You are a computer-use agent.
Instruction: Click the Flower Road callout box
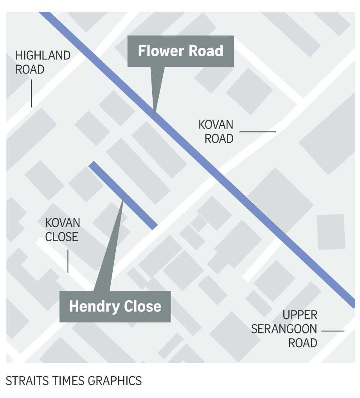pos(181,51)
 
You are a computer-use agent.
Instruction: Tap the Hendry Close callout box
pos(115,306)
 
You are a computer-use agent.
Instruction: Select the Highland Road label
pos(43,63)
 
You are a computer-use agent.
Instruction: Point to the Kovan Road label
pos(216,132)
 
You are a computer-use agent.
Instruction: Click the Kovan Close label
pos(62,230)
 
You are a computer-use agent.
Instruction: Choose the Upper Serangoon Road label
pos(284,329)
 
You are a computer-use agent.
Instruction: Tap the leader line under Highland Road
pos(31,94)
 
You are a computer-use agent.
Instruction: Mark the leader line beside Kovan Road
pos(257,132)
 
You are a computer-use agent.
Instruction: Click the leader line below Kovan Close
pos(68,261)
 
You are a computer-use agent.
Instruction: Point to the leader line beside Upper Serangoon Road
pos(333,331)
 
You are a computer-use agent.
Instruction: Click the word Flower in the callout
pos(158,51)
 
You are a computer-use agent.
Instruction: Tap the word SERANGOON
pos(284,329)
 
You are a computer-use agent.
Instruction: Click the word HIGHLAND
pos(43,56)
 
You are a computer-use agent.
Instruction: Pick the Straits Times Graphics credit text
pos(74,380)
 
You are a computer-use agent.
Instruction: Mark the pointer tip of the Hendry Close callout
pos(124,194)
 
